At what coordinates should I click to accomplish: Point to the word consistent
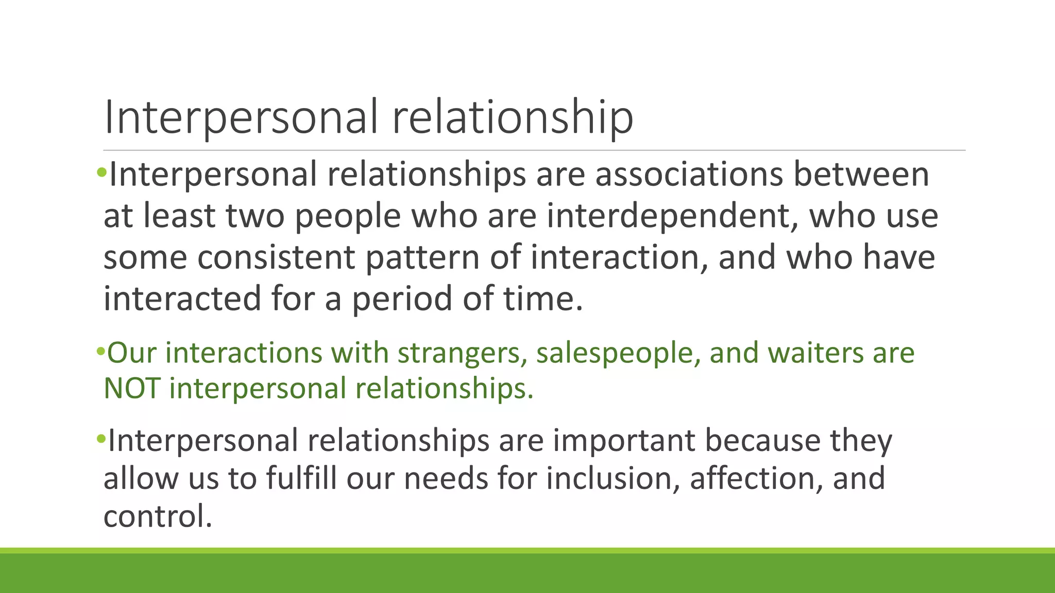[x=276, y=257]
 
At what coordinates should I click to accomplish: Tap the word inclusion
[x=613, y=478]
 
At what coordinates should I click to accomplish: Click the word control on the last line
[x=157, y=516]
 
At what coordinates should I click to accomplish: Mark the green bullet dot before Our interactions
[x=100, y=353]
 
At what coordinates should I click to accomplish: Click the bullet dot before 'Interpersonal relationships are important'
[x=100, y=440]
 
